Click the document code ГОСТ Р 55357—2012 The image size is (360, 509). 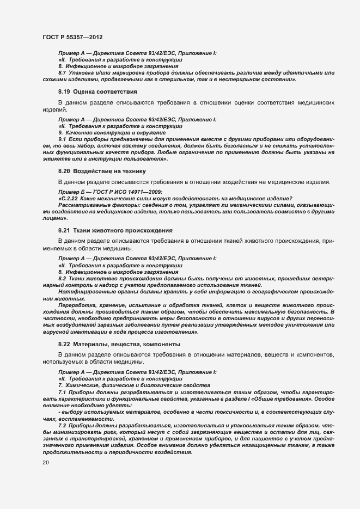[72, 36]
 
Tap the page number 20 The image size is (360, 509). [46, 463]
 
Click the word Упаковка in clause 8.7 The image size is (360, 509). [81, 72]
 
